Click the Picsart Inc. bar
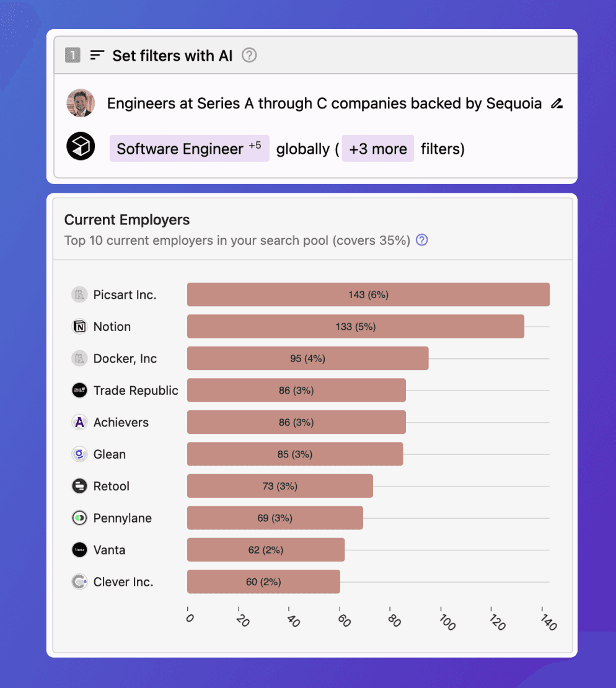pos(368,294)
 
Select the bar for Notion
pos(355,327)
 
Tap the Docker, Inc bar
pos(307,358)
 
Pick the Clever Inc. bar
pos(263,582)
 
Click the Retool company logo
pos(79,486)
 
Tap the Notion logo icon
pos(79,327)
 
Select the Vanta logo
pos(79,550)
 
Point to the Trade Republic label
pos(136,390)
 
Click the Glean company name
pos(110,454)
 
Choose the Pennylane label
pos(123,518)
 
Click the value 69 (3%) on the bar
pos(275,518)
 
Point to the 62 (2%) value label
pos(266,550)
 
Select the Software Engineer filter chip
pos(189,149)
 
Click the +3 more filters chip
pos(377,149)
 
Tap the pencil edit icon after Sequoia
pos(557,104)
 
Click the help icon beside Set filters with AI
pos(249,55)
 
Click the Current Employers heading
pos(127,219)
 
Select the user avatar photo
pos(81,103)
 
